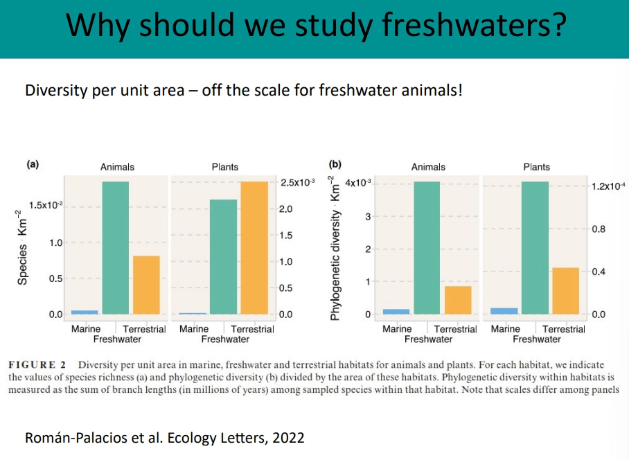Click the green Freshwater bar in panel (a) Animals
tap(116, 248)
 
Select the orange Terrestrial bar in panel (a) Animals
tap(146, 285)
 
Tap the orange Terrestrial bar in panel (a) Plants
tap(254, 248)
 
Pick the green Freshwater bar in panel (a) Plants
tap(223, 257)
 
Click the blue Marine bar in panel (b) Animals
tap(396, 312)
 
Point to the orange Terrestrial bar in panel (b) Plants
tap(565, 291)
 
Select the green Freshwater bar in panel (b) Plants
tap(535, 248)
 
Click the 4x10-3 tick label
tap(358, 182)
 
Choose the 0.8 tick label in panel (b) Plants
tap(599, 229)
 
